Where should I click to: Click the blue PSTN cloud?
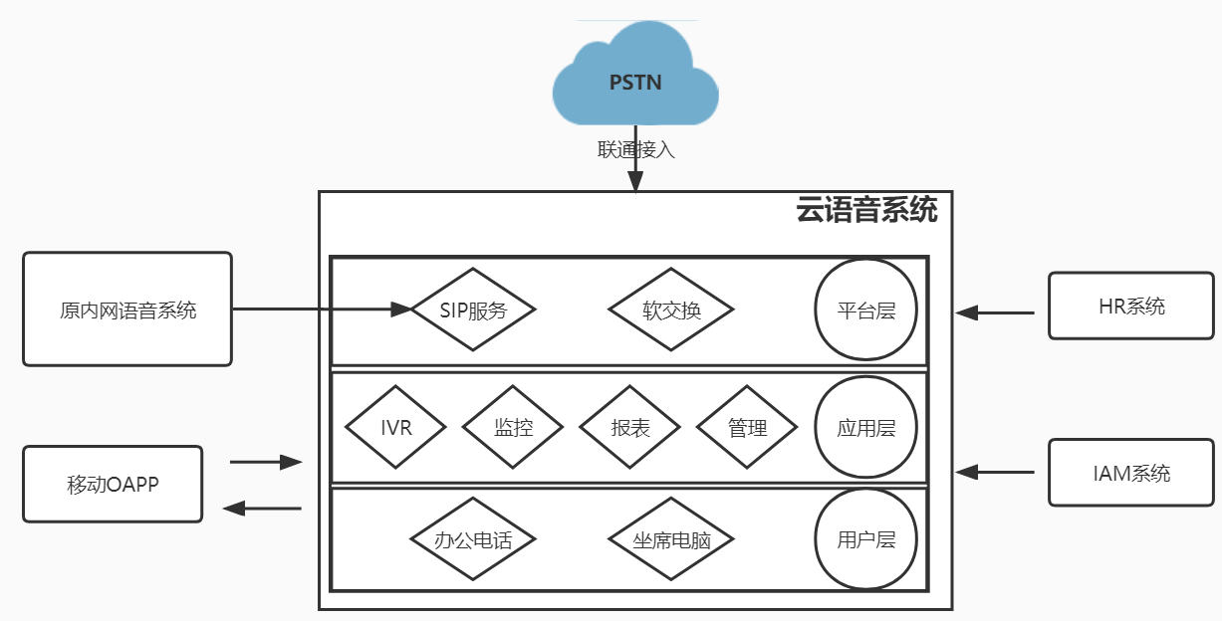tap(635, 80)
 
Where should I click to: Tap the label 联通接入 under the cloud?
tap(635, 149)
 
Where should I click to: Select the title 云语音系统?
tap(866, 211)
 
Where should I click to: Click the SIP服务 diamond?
tap(473, 310)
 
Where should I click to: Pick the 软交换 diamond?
tap(671, 310)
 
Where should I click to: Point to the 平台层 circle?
tap(866, 310)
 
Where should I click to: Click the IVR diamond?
tap(396, 428)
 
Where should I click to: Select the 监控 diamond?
tap(513, 428)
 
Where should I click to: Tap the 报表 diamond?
tap(630, 428)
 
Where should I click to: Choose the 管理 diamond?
tap(747, 428)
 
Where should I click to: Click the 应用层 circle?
tap(866, 428)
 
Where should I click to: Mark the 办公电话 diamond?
tap(473, 540)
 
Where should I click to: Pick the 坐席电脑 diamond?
tap(671, 540)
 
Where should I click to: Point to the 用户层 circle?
tap(866, 540)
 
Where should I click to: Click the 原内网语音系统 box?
tap(127, 310)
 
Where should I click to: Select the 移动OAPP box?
tap(113, 485)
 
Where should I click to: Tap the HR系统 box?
tap(1131, 307)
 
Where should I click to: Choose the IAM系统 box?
tap(1131, 473)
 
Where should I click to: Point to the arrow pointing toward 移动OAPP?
tap(261, 509)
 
